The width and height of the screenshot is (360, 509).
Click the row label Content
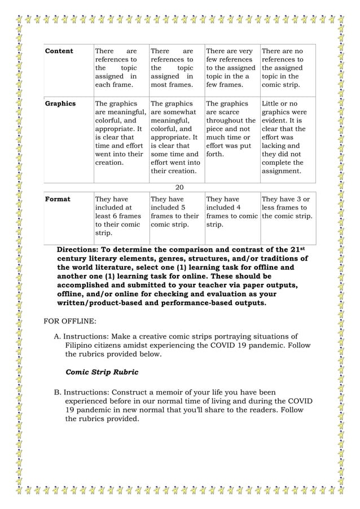59,51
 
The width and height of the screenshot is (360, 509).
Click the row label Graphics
60,104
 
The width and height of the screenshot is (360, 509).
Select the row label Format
57,199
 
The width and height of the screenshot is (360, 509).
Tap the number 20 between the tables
180,187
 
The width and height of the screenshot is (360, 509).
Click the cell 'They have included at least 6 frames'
119,216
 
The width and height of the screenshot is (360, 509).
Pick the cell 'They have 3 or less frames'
286,207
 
